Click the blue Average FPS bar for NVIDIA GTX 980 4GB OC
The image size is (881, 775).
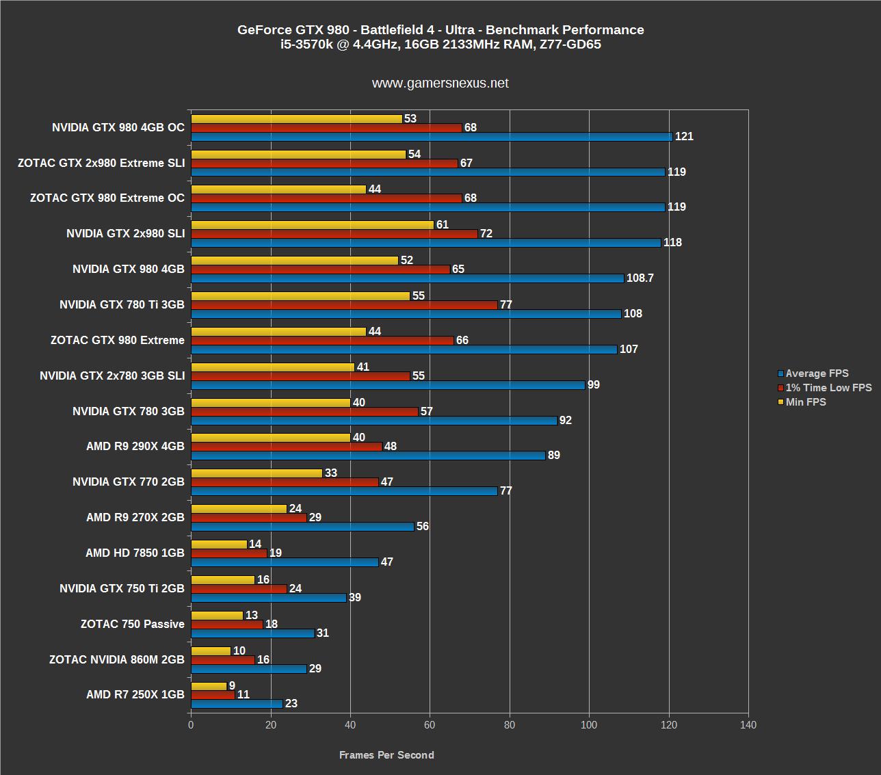(431, 137)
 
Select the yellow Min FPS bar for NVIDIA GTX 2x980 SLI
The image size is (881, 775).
(312, 225)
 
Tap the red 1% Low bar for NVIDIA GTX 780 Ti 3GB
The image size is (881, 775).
(344, 305)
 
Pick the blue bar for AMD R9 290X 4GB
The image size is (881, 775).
(368, 456)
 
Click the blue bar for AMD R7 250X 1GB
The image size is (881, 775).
(237, 704)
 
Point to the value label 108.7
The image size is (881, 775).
(640, 278)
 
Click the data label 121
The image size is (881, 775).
(684, 137)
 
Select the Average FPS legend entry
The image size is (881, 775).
(817, 373)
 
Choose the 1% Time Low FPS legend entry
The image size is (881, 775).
(828, 388)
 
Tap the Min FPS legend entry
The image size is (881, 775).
(806, 402)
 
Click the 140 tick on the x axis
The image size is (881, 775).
(748, 725)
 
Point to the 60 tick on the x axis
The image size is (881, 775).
(430, 725)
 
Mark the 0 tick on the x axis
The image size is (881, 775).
(191, 725)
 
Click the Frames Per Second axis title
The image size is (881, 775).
(386, 755)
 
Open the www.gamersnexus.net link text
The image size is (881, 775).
(440, 83)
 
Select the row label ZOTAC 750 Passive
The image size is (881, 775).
(133, 625)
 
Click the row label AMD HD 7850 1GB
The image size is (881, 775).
(135, 553)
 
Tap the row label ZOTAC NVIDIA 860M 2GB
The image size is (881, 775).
(117, 660)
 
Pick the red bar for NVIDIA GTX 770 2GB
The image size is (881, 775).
(285, 482)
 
